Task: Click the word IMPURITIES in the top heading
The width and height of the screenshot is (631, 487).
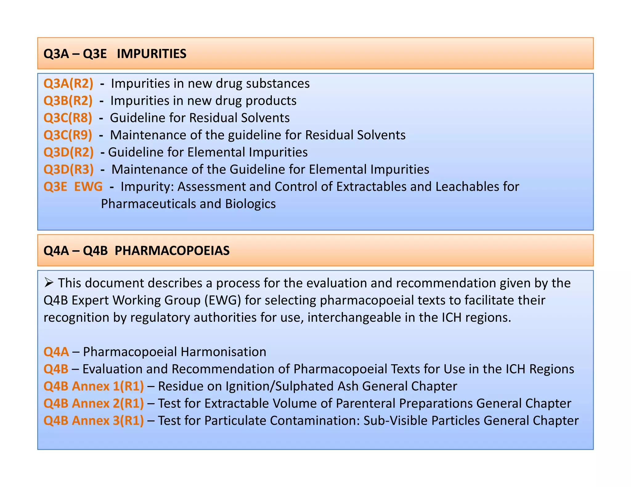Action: [x=151, y=54]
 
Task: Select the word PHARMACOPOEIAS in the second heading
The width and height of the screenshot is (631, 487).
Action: [x=172, y=251]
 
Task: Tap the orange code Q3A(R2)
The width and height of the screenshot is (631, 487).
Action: [x=68, y=84]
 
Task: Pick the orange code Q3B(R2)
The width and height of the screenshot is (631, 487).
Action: [x=68, y=101]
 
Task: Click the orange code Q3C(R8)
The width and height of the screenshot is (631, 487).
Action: [x=67, y=118]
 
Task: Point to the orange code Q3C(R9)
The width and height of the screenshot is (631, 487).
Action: [x=67, y=135]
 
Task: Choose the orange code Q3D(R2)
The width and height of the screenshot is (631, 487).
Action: [x=68, y=152]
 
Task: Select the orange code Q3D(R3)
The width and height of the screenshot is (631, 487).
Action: [x=68, y=170]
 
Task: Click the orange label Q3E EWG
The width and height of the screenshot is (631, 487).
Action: [x=73, y=187]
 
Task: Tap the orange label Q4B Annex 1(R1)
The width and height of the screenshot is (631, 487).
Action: [x=93, y=386]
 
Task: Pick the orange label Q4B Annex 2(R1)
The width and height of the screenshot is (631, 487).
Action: [x=93, y=404]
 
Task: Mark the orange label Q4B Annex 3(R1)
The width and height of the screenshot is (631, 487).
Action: [x=93, y=421]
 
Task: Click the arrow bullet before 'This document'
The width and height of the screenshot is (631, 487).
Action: [x=49, y=283]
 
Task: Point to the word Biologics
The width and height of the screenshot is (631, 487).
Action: [x=250, y=204]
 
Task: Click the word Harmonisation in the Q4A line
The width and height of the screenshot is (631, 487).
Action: [x=223, y=352]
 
